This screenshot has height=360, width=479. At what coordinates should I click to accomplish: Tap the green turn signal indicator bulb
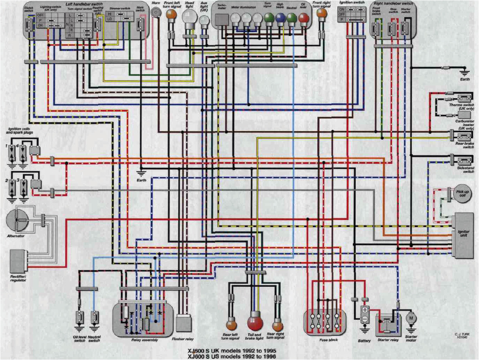coord(268,18)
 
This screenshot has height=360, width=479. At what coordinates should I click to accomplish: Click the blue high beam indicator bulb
coord(280,18)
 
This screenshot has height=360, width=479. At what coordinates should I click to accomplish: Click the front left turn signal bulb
coord(171,14)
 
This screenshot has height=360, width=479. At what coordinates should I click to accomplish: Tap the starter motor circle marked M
coord(411,319)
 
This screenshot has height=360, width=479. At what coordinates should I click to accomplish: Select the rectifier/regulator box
coord(18,261)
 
